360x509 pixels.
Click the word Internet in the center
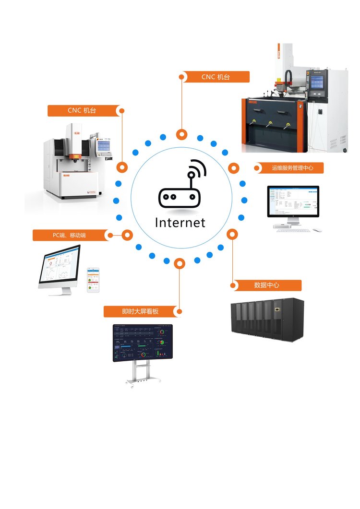point(180,223)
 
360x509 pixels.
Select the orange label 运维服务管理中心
point(292,168)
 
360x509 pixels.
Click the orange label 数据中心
point(267,285)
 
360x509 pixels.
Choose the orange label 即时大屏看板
point(140,312)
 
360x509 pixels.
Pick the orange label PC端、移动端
point(69,235)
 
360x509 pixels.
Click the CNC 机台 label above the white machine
point(82,111)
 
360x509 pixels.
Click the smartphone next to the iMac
point(93,280)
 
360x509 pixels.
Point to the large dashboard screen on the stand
point(143,343)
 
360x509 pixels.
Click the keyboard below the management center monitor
point(294,230)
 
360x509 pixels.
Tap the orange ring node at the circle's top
point(181,134)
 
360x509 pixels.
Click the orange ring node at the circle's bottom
point(180,263)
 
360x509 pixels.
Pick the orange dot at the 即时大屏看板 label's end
point(179,312)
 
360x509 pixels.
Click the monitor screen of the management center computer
point(293,201)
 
